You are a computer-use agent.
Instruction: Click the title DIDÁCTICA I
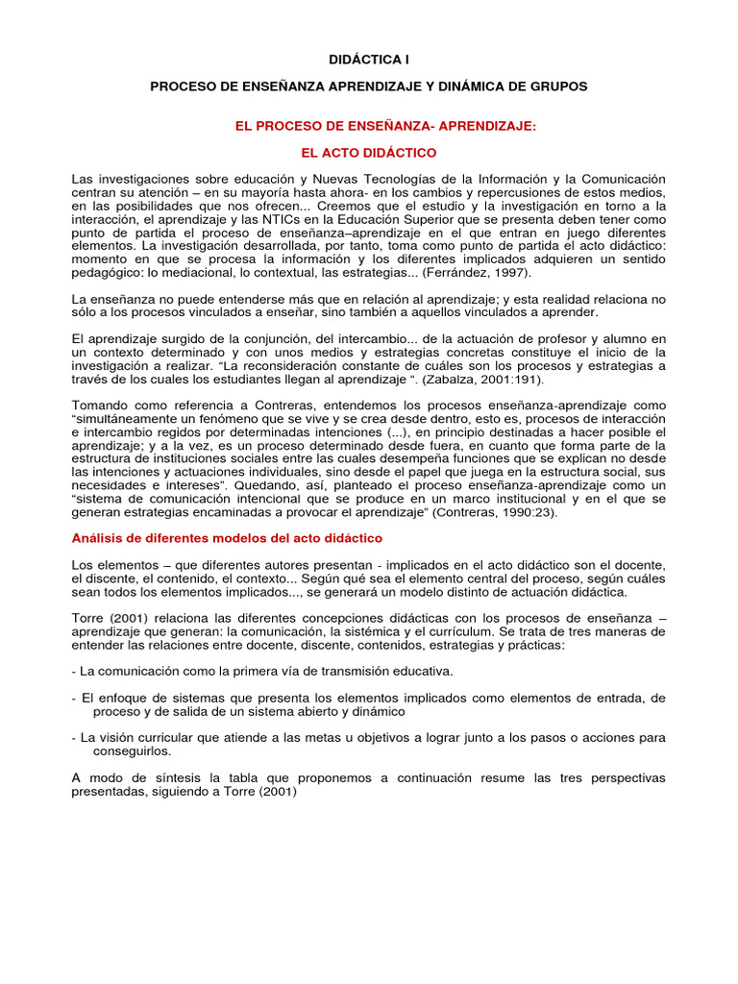(368, 60)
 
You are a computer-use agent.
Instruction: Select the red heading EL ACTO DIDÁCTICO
(369, 153)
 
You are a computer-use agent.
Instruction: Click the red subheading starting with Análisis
(227, 538)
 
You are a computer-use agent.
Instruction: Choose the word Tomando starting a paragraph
(100, 406)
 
